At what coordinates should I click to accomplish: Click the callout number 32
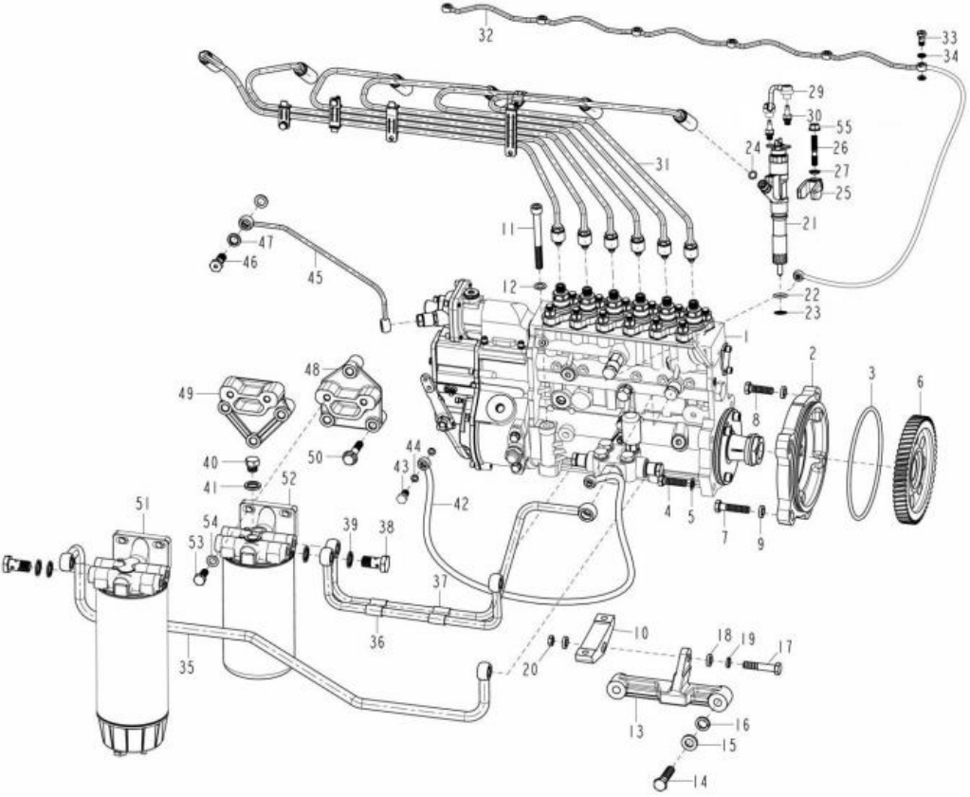click(x=485, y=36)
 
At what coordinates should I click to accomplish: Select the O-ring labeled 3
click(x=866, y=462)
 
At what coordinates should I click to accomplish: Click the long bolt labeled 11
click(x=537, y=235)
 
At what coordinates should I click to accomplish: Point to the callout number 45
click(x=315, y=278)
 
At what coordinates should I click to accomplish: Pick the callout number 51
click(x=143, y=505)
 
